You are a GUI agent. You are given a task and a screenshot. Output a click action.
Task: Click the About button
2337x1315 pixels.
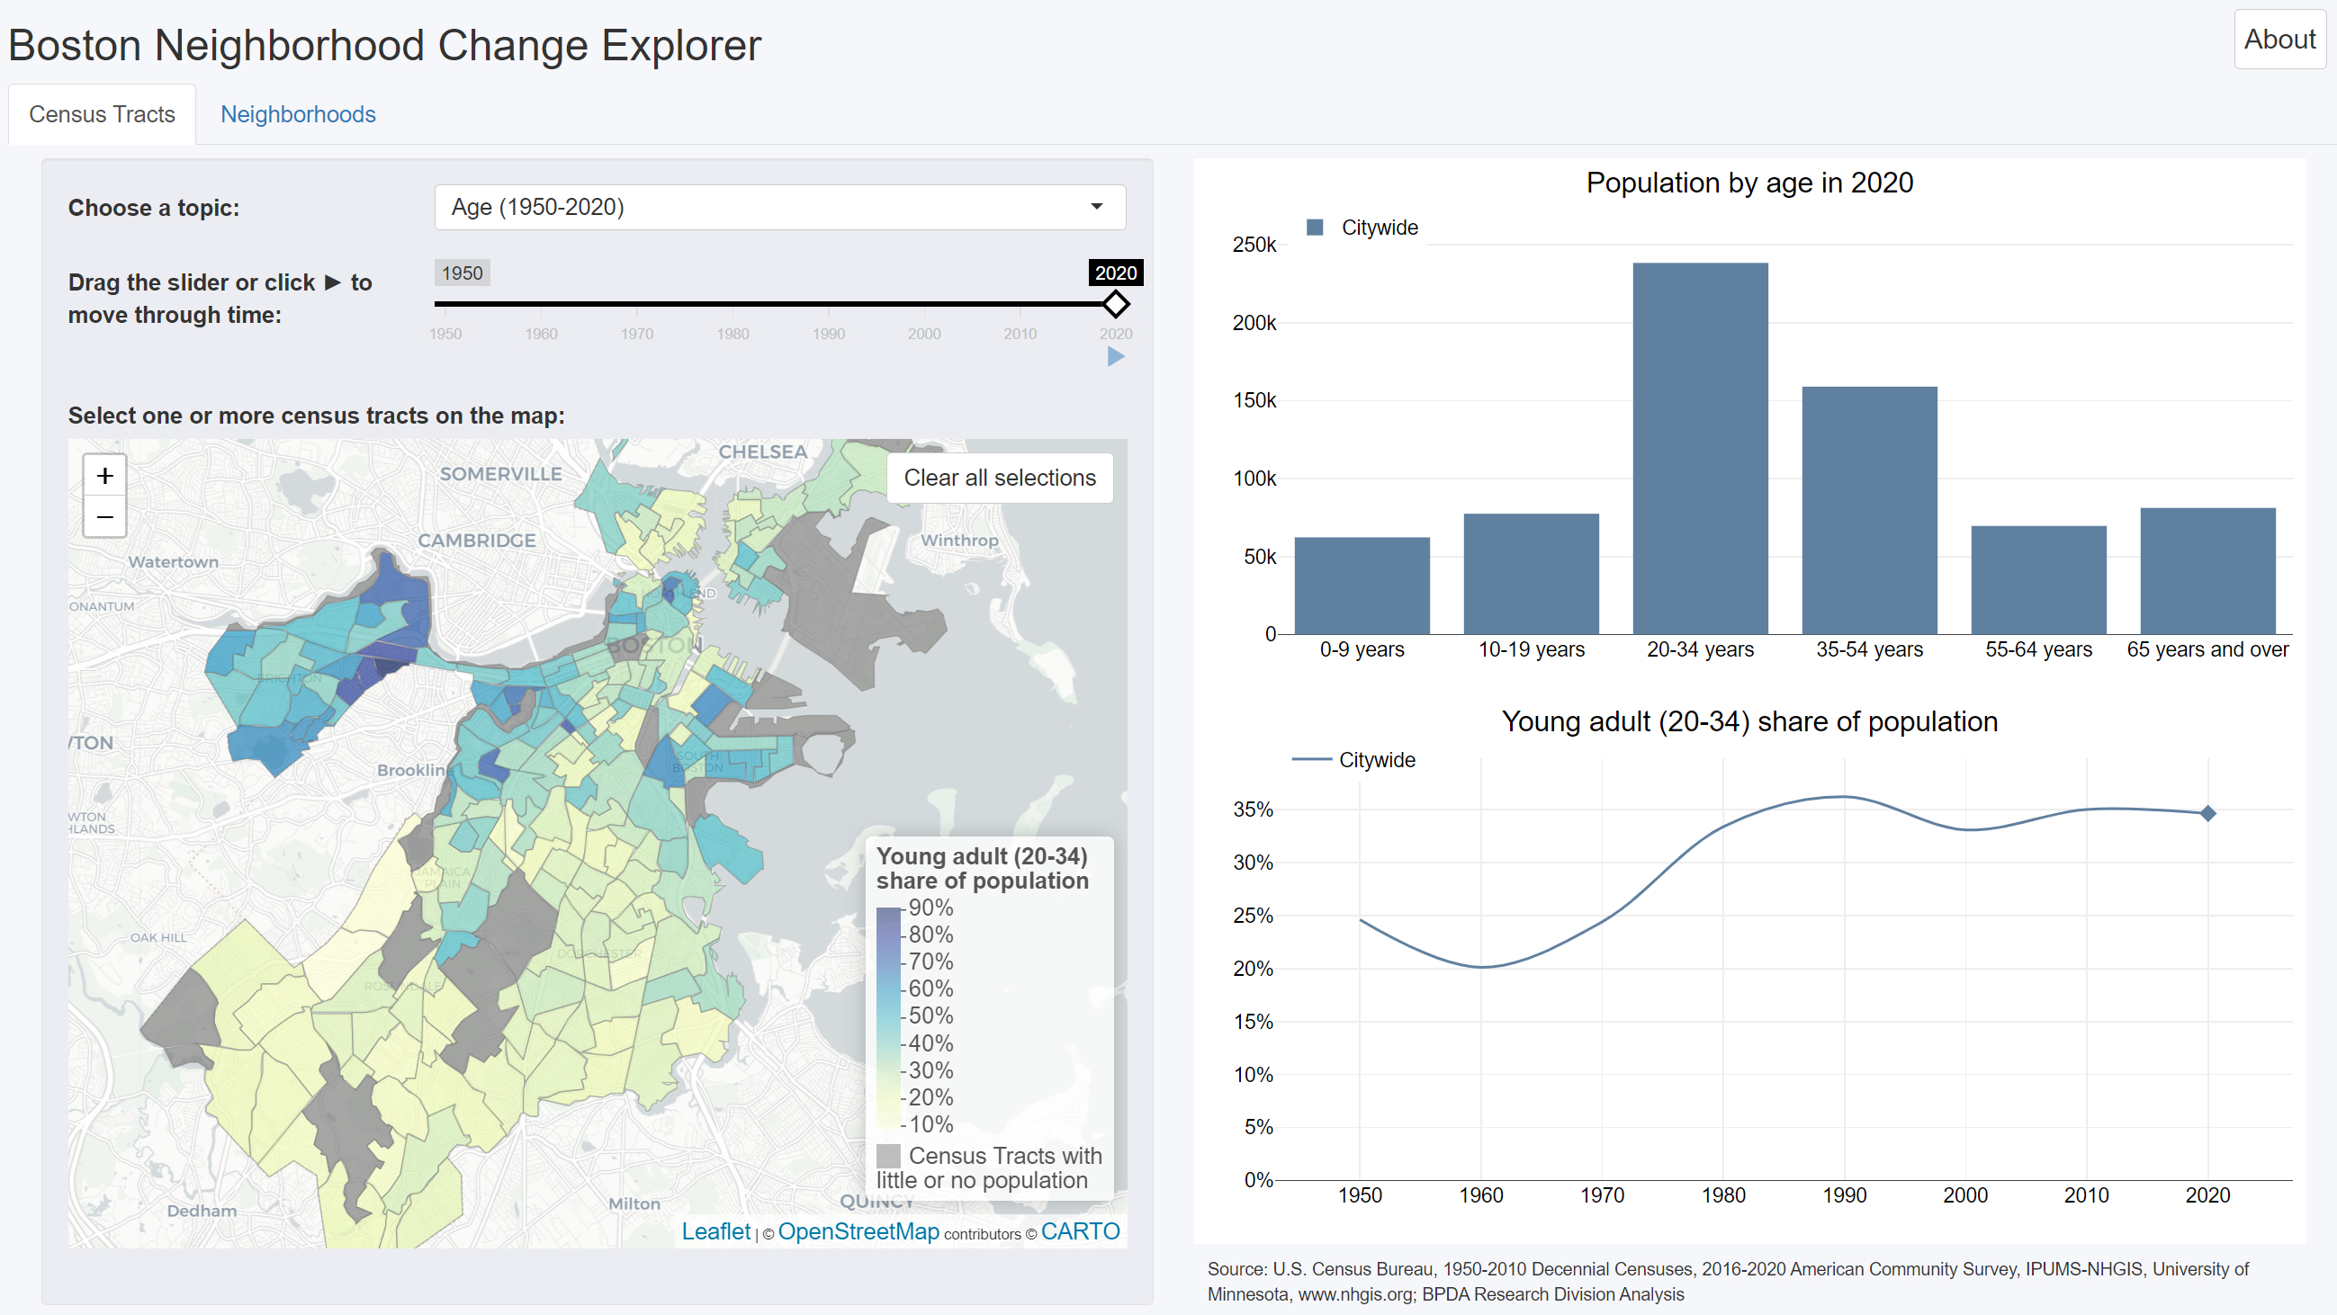pyautogui.click(x=2278, y=40)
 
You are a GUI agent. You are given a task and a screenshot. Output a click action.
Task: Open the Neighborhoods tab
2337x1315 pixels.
pyautogui.click(x=298, y=114)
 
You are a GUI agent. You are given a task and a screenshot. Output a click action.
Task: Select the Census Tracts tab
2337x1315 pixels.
pyautogui.click(x=102, y=114)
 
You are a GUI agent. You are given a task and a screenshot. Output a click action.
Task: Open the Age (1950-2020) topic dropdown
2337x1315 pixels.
pyautogui.click(x=779, y=207)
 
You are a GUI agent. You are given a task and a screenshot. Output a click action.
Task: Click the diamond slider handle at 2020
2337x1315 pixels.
pyautogui.click(x=1115, y=304)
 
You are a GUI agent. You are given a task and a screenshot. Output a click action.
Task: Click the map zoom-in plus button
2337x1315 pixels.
pyautogui.click(x=105, y=476)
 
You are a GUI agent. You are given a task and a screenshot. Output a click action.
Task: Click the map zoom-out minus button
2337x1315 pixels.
pyautogui.click(x=105, y=517)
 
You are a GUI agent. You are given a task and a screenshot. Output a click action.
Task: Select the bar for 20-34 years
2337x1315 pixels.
pyautogui.click(x=1699, y=448)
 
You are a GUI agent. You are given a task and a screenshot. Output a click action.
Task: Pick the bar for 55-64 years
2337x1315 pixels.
pyautogui.click(x=2037, y=579)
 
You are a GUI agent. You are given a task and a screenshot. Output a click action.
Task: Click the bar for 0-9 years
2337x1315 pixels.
pyautogui.click(x=1361, y=586)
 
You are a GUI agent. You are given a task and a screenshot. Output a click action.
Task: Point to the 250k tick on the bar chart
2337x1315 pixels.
pyautogui.click(x=1254, y=245)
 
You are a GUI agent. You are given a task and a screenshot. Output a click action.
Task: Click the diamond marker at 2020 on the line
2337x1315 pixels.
pyautogui.click(x=2207, y=813)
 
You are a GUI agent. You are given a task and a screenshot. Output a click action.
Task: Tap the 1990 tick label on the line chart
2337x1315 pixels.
pyautogui.click(x=1844, y=1195)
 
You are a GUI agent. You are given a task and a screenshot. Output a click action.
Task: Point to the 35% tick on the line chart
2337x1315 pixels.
pyautogui.click(x=1252, y=810)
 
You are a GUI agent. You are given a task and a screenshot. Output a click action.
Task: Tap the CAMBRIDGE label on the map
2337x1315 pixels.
pyautogui.click(x=476, y=541)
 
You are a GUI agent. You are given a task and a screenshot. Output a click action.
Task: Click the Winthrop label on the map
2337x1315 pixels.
pyautogui.click(x=959, y=541)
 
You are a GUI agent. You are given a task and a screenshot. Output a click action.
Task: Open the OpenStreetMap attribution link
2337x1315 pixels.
pyautogui.click(x=858, y=1231)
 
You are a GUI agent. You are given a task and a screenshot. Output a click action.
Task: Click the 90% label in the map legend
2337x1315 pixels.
pyautogui.click(x=930, y=908)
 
